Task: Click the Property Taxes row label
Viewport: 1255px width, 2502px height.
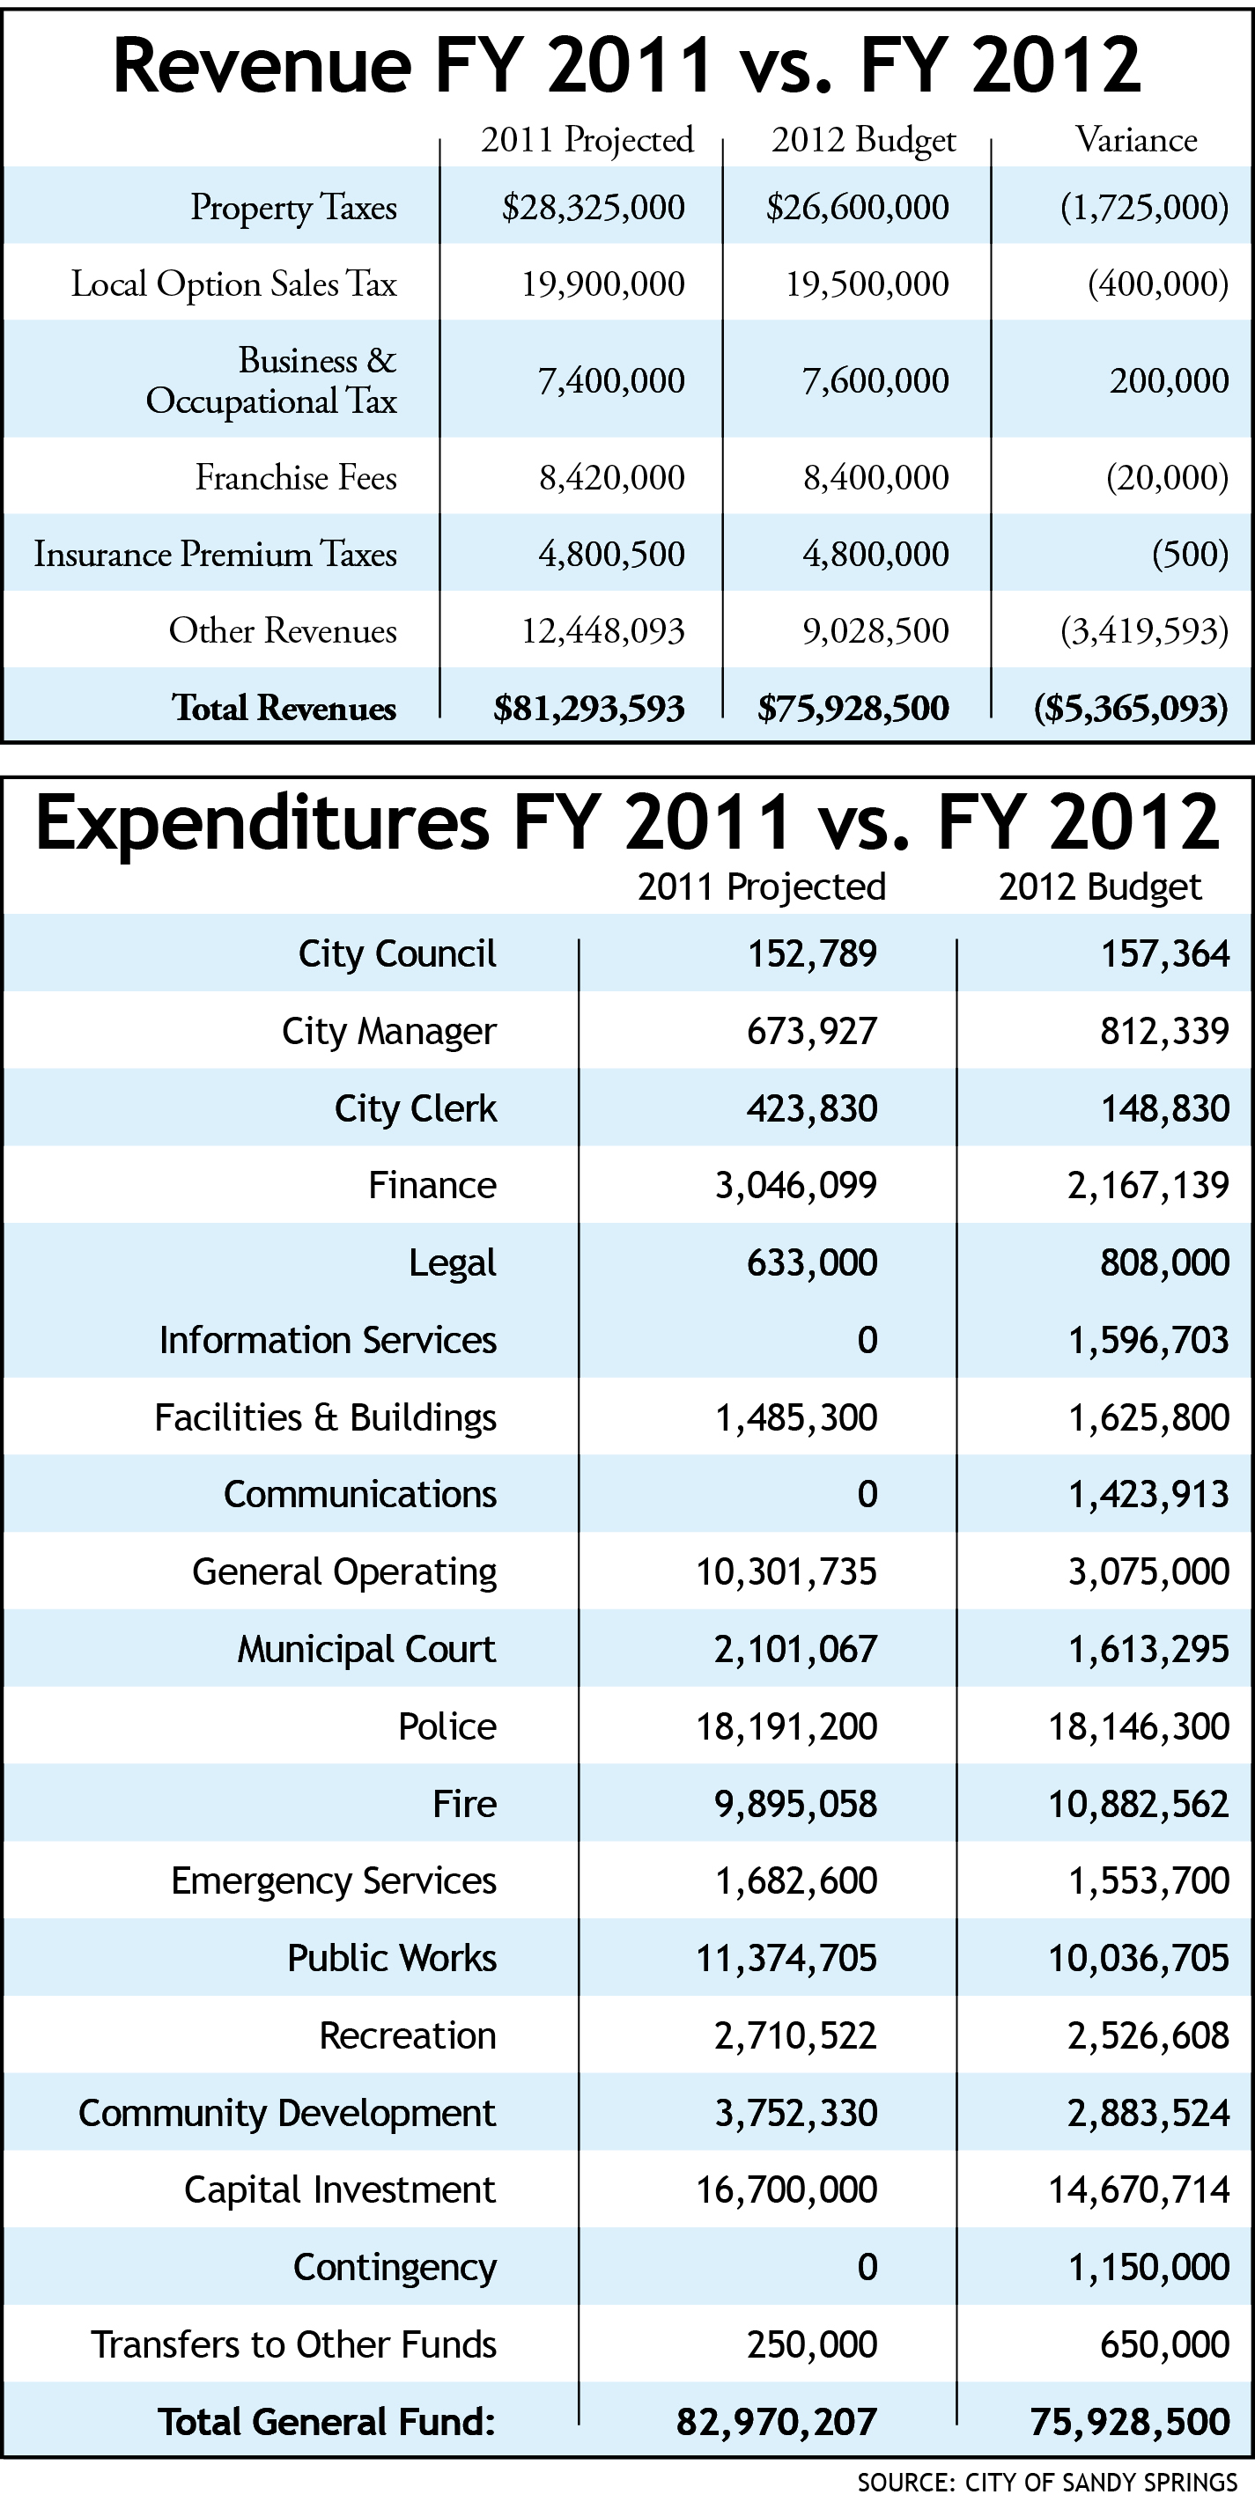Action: (x=293, y=207)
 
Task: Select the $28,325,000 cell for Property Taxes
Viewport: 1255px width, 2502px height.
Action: (x=593, y=207)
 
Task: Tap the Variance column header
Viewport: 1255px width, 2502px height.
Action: (x=1135, y=140)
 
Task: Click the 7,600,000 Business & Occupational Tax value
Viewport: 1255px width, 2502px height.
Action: (x=875, y=380)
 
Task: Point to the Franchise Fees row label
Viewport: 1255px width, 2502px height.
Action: (x=296, y=477)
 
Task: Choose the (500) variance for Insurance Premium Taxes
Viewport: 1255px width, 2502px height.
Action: (x=1190, y=554)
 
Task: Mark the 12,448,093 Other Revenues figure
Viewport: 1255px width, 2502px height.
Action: (x=603, y=631)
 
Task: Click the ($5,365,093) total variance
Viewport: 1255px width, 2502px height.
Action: (x=1131, y=708)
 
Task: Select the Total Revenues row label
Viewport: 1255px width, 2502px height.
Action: (x=284, y=708)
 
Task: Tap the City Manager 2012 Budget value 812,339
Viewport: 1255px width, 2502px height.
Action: (x=1164, y=1031)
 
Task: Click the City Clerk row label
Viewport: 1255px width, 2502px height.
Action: (x=415, y=1108)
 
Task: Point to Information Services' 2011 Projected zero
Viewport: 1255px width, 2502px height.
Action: (x=867, y=1340)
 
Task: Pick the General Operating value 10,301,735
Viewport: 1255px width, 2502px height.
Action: (x=786, y=1571)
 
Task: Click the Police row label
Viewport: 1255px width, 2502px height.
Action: (x=447, y=1726)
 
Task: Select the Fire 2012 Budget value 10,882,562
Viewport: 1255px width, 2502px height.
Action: (x=1139, y=1804)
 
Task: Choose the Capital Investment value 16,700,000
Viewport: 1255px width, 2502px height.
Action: (x=786, y=2190)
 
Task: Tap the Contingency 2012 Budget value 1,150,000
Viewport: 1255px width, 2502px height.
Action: (x=1148, y=2268)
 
